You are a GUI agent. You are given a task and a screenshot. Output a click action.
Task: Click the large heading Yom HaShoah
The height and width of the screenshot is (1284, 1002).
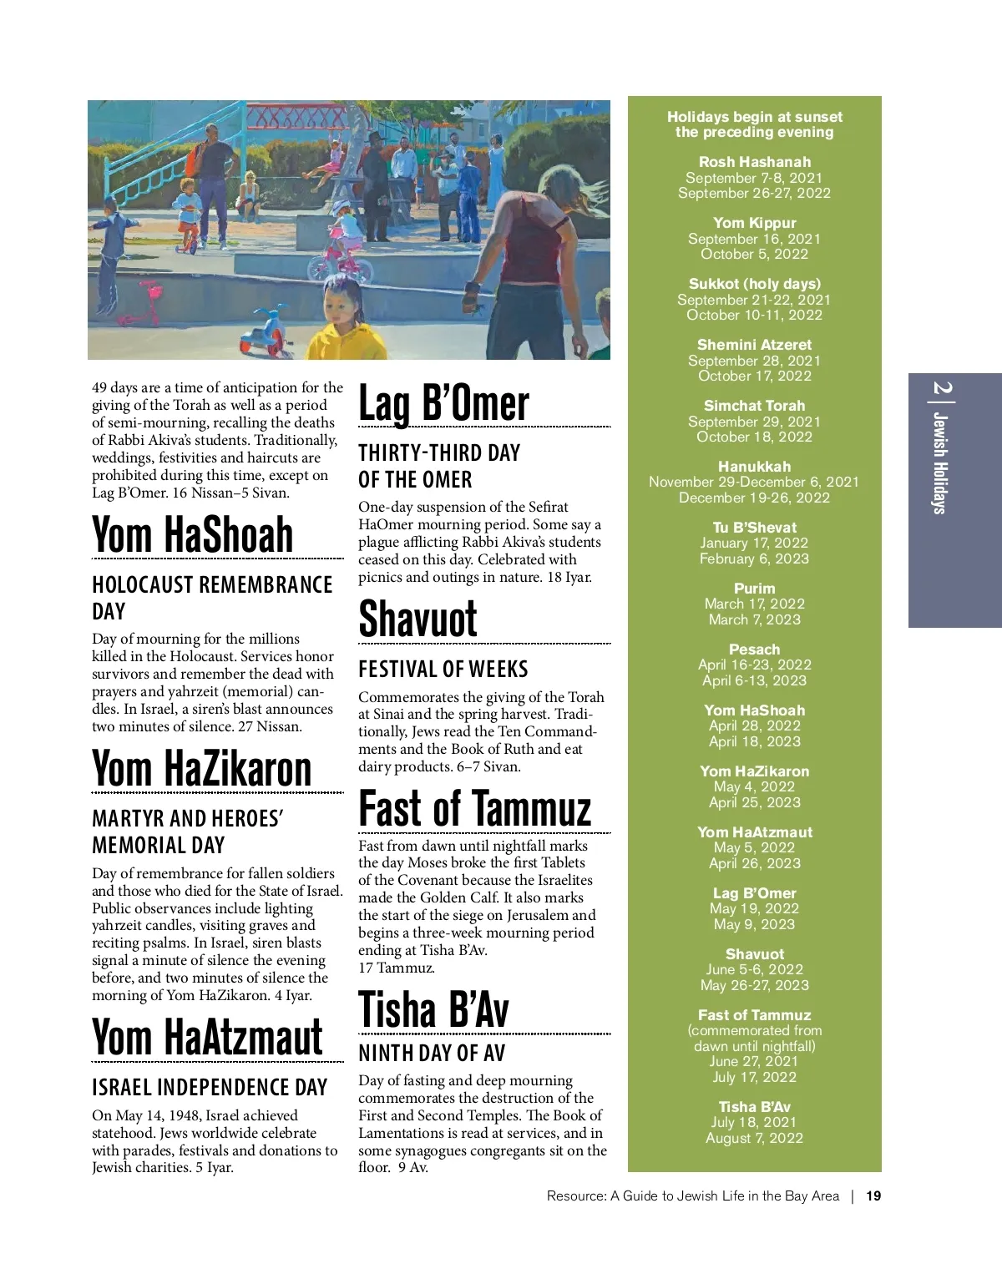[192, 534]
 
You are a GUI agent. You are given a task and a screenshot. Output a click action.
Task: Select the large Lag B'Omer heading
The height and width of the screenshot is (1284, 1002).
[443, 404]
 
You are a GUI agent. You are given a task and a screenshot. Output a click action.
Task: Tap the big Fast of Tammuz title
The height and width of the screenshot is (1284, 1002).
[474, 809]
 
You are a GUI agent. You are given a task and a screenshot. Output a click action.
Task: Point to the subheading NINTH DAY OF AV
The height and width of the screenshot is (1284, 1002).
[432, 1054]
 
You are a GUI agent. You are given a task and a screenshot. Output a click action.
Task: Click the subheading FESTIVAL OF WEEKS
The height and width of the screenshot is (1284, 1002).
[443, 670]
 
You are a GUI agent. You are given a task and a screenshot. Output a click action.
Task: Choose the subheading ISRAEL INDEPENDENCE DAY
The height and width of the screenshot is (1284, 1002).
[209, 1087]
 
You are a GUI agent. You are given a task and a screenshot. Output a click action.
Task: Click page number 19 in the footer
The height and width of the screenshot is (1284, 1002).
[873, 1196]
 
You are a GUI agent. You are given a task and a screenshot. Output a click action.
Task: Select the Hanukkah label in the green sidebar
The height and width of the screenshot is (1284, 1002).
[754, 467]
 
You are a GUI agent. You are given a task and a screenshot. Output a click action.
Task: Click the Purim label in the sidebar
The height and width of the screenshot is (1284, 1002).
[754, 589]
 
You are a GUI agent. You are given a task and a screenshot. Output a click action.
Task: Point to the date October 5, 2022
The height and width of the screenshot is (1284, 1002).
[754, 254]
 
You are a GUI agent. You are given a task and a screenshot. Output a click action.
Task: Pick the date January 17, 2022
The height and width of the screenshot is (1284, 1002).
[754, 543]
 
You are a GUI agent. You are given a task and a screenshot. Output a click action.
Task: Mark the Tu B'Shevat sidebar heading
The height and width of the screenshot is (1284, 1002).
[754, 528]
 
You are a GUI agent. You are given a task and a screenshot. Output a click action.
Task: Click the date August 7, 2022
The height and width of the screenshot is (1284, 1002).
[754, 1138]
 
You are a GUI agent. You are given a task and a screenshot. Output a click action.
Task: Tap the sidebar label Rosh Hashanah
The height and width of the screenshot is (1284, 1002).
[754, 162]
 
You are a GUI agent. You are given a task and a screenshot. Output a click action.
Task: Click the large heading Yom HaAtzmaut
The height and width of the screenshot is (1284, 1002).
[207, 1038]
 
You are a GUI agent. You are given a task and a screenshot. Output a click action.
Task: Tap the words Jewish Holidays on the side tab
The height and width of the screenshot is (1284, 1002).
[940, 463]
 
